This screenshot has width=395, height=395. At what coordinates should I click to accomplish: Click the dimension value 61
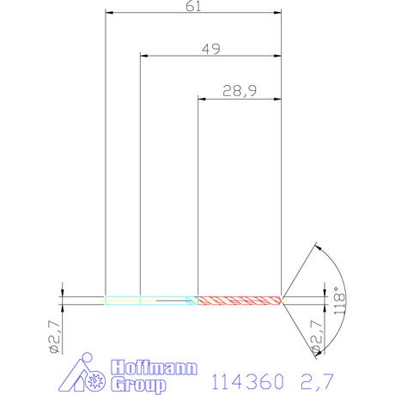point(193,6)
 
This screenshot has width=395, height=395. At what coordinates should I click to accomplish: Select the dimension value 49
point(211,49)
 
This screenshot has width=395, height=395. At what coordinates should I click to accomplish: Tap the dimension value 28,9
point(240,91)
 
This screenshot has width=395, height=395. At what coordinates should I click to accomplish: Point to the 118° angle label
point(340,301)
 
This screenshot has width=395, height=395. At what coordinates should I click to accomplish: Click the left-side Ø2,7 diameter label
point(54,337)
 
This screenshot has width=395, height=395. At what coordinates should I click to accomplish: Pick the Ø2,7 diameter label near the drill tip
point(317,337)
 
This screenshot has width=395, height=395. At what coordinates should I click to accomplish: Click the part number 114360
point(248,381)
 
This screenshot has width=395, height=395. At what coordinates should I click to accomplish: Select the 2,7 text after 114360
point(317,381)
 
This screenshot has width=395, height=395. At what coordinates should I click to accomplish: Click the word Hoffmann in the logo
point(154,368)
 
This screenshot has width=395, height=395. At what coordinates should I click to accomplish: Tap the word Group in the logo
point(138,385)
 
